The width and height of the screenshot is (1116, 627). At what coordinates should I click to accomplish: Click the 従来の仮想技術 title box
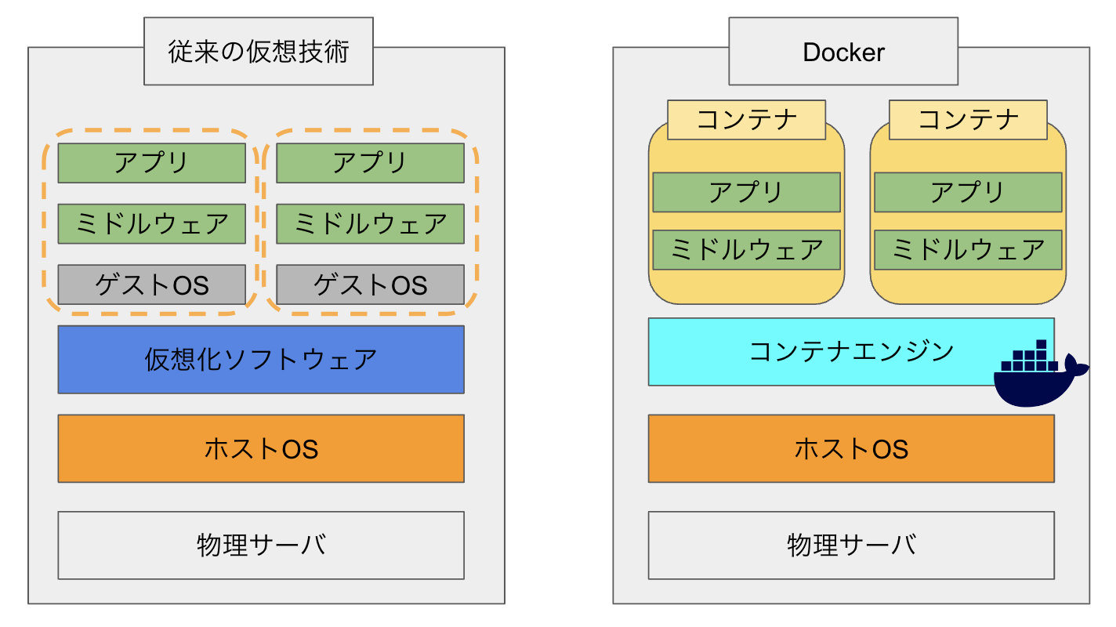(258, 52)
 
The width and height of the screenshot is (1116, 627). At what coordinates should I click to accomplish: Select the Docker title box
(843, 52)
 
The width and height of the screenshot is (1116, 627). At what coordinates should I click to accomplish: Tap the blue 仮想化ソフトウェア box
(261, 359)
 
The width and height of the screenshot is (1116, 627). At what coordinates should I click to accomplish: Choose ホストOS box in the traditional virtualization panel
(261, 448)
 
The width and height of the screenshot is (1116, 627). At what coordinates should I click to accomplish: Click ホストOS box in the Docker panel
(851, 448)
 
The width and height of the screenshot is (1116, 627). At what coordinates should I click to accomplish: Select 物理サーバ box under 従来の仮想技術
(261, 545)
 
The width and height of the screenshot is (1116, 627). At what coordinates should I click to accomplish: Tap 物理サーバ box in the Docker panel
(851, 545)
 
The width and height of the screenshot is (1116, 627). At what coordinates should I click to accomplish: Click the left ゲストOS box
(152, 285)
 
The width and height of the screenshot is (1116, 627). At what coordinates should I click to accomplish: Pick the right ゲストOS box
(370, 285)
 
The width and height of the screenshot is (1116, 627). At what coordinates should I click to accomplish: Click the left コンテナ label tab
(746, 119)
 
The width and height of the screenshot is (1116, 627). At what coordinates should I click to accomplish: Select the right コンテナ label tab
(968, 119)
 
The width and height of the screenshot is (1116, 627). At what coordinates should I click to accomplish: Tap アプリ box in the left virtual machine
(152, 163)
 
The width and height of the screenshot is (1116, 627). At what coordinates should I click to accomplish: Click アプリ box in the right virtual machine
(370, 163)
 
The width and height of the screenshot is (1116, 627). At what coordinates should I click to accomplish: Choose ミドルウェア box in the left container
(746, 250)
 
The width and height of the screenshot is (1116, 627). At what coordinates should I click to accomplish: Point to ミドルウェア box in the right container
(968, 250)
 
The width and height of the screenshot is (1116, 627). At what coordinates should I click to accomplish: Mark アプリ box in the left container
(746, 192)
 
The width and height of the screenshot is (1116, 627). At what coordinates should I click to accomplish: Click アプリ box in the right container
(968, 192)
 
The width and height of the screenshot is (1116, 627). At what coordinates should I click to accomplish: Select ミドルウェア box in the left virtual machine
(152, 224)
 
